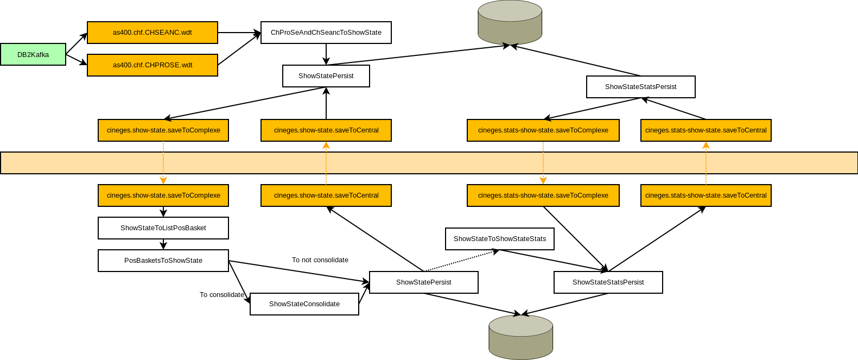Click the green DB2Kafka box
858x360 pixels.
(33, 54)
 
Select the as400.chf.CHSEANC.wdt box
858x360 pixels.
(152, 33)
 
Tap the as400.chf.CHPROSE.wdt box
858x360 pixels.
(152, 65)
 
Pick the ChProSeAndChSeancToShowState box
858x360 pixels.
(326, 33)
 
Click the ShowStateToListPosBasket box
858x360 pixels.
(163, 228)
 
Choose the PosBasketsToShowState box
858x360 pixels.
(163, 261)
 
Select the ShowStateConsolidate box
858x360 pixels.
(304, 304)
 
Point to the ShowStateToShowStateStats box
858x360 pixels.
(500, 239)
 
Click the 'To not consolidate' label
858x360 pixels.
(320, 260)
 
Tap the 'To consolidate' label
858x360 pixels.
(222, 295)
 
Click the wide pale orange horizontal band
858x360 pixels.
(429, 163)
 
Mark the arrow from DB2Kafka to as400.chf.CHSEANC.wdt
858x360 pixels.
(77, 43)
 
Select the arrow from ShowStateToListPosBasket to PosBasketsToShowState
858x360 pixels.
(163, 244)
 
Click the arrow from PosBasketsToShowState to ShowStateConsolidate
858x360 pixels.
(239, 282)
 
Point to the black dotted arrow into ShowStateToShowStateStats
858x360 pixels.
(461, 260)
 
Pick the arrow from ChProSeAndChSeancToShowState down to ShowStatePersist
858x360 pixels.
(326, 54)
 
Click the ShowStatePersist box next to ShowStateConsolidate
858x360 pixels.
(424, 282)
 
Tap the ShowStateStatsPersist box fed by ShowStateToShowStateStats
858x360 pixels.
(608, 282)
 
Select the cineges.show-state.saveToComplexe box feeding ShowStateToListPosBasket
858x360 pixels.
(163, 195)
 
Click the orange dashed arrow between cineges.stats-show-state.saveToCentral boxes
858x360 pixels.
(706, 163)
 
